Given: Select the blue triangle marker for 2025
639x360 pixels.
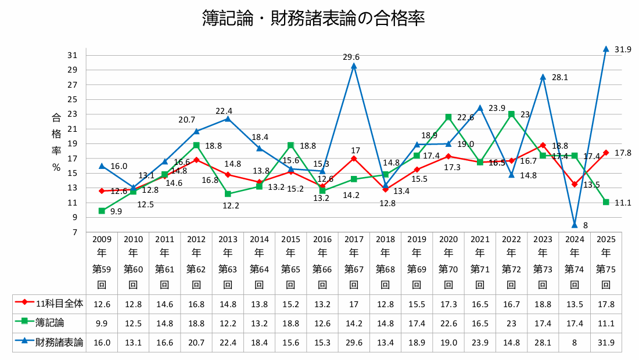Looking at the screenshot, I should pyautogui.click(x=606, y=49).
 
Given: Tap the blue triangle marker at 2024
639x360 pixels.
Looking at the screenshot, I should pyautogui.click(x=574, y=225).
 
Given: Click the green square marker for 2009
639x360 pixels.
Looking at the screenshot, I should pyautogui.click(x=102, y=211).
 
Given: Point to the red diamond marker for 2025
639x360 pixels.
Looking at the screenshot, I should pyautogui.click(x=606, y=153).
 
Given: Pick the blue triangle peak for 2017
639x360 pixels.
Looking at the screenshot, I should pyautogui.click(x=354, y=66).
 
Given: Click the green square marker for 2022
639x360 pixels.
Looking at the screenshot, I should pyautogui.click(x=511, y=114).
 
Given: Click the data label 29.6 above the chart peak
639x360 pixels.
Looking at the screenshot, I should pyautogui.click(x=351, y=57).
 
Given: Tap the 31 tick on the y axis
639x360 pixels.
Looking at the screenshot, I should pyautogui.click(x=73, y=55).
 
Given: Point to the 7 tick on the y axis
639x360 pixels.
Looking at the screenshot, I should pyautogui.click(x=75, y=232).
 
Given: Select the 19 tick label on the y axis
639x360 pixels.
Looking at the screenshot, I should pyautogui.click(x=73, y=143).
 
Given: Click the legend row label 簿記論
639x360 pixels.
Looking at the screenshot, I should pyautogui.click(x=53, y=322).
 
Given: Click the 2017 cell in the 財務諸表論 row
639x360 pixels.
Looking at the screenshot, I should pyautogui.click(x=354, y=342).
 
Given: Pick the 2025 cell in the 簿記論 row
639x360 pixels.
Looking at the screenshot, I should pyautogui.click(x=606, y=322).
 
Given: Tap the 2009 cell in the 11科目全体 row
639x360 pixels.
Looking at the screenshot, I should pyautogui.click(x=102, y=303).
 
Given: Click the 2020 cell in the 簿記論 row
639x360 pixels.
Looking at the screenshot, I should pyautogui.click(x=448, y=322).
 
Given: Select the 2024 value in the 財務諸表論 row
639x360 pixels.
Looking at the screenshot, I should pyautogui.click(x=574, y=342).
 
